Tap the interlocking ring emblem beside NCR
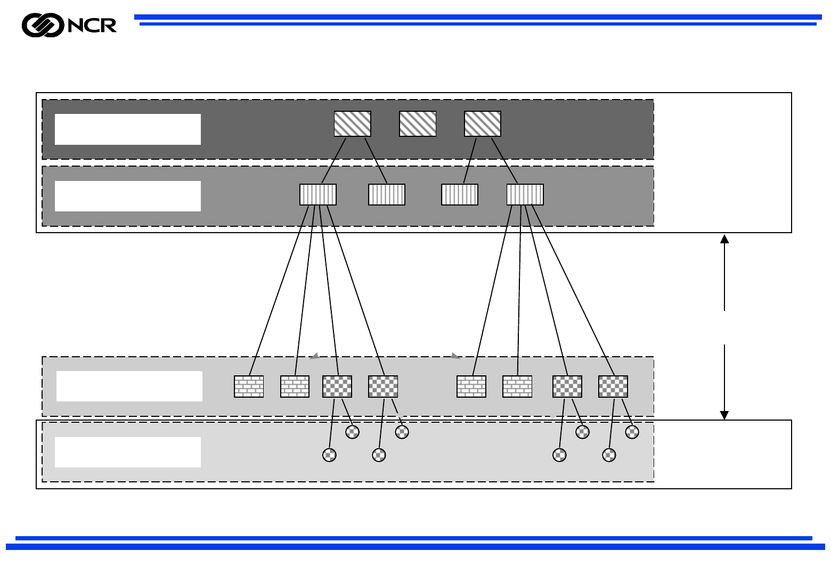43,26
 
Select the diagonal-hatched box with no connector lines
418,124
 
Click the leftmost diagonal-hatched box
352,124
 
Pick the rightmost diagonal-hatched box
483,124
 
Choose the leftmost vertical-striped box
318,194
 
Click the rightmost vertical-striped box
525,194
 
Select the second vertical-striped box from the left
387,194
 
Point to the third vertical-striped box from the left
460,194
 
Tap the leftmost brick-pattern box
249,387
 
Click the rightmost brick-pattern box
517,387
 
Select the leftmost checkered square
337,387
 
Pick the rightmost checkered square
613,387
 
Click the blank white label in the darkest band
128,129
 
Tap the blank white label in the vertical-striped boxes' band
128,196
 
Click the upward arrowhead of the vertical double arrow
724,239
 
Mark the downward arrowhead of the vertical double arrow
724,415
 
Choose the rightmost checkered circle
632,432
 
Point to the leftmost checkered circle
330,455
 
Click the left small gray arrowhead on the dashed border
315,356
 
